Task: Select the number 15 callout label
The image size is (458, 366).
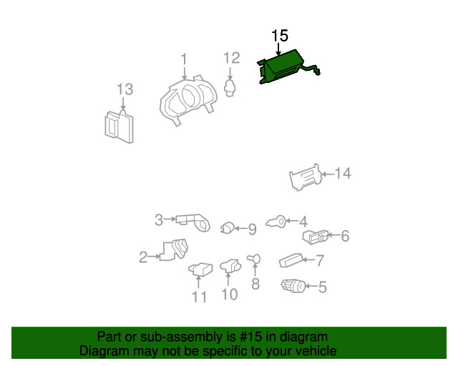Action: [x=280, y=36]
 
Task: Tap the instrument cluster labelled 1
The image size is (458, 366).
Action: [x=189, y=99]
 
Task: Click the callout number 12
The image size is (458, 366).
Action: [x=232, y=58]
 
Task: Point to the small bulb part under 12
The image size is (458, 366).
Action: [x=230, y=88]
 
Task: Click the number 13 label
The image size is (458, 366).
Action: [x=125, y=89]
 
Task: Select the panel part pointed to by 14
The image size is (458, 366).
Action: [x=306, y=177]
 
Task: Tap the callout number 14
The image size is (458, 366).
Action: [x=343, y=174]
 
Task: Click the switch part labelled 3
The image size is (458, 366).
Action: [x=193, y=223]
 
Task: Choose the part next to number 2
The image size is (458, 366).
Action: [x=175, y=249]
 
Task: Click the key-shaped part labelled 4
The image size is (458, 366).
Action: [x=276, y=222]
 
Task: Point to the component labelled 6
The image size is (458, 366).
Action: [x=315, y=237]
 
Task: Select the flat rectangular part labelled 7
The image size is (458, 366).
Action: [x=291, y=260]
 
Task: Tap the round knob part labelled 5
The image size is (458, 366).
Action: [x=293, y=286]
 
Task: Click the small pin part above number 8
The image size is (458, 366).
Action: [x=254, y=259]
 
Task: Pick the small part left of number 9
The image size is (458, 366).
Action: [x=228, y=228]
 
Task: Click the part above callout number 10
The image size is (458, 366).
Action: [x=230, y=265]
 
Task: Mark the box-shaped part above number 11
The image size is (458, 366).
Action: [x=200, y=269]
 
